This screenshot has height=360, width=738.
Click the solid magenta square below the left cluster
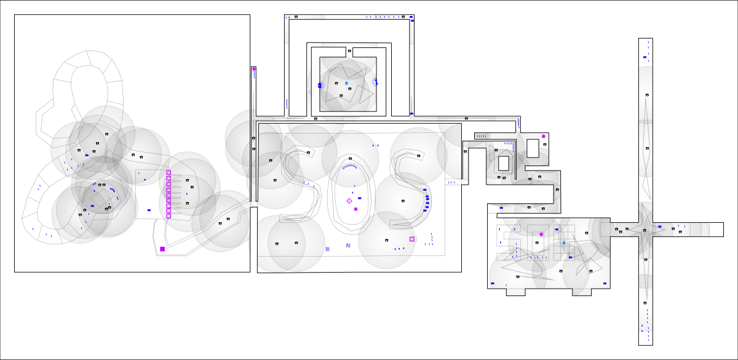(x=162, y=249)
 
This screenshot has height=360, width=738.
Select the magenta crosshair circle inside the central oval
(x=349, y=201)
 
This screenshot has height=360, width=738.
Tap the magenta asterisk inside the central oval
(x=356, y=209)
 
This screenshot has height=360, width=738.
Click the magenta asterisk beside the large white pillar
(x=543, y=137)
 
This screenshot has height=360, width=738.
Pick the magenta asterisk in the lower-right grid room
(x=541, y=234)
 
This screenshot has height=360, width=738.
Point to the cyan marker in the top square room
(x=346, y=83)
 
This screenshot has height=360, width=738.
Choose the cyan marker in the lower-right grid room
(x=563, y=243)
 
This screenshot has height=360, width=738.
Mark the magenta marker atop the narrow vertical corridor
(x=253, y=69)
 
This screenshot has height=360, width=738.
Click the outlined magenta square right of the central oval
(x=412, y=239)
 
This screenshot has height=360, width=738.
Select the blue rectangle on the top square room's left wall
(x=320, y=85)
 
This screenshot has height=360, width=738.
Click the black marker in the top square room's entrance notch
(x=349, y=51)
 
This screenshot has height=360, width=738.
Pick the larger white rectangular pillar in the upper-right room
(x=533, y=148)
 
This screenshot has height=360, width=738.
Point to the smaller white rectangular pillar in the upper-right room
(x=504, y=163)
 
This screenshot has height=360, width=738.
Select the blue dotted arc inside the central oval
(x=349, y=166)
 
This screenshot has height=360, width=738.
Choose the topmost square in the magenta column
(x=169, y=172)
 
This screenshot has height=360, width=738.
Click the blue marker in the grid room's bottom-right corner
(x=605, y=284)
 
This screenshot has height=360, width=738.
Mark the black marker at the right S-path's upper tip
(x=419, y=156)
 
